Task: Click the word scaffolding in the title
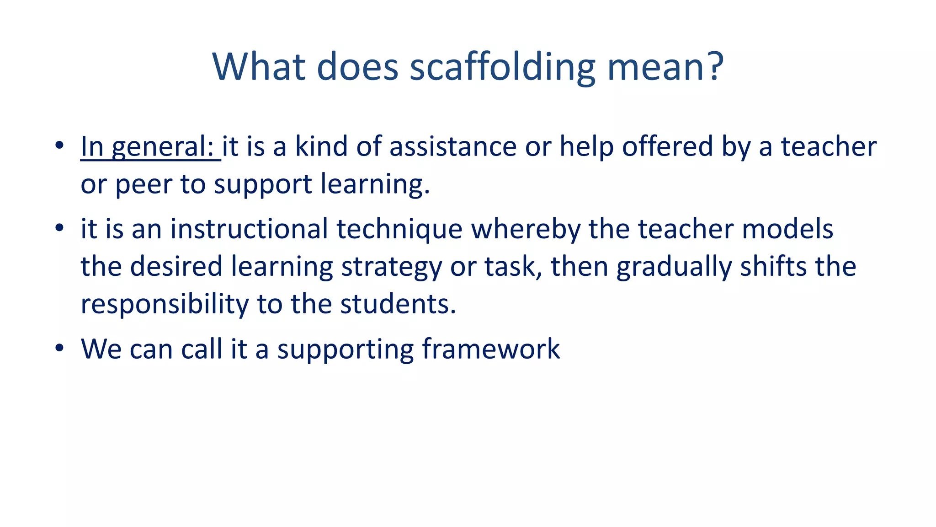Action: (502, 68)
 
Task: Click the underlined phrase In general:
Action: (150, 147)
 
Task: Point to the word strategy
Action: (391, 267)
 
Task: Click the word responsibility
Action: (164, 305)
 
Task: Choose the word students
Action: (398, 304)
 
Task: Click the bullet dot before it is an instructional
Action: (59, 228)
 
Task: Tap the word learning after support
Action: (375, 185)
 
